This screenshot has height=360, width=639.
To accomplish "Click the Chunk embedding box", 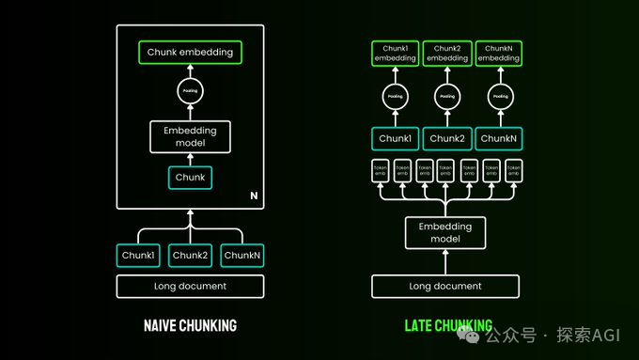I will [x=190, y=53].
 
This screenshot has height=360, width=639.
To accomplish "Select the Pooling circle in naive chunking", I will [x=190, y=92].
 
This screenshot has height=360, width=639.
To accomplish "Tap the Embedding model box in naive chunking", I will [x=190, y=136].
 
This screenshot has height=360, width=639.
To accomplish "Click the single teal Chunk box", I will [x=190, y=177].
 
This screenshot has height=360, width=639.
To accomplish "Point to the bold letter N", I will [x=253, y=196].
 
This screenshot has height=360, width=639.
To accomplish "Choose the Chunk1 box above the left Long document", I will [x=138, y=255].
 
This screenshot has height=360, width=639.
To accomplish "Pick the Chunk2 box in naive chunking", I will [x=190, y=255].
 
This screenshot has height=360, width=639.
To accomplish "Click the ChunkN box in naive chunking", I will [x=242, y=255].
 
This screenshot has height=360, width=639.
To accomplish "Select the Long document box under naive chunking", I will [x=190, y=286].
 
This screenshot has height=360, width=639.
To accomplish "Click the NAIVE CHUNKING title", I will [x=190, y=326].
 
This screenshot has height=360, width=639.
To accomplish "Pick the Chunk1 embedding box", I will [x=396, y=53].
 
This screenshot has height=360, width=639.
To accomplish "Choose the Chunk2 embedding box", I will [x=447, y=53].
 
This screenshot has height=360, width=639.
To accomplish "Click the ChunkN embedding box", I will [x=500, y=53].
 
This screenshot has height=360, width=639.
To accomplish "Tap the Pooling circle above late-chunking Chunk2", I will [x=447, y=97].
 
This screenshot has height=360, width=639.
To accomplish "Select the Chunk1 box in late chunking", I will [x=396, y=138].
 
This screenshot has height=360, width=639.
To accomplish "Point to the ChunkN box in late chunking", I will [x=500, y=138].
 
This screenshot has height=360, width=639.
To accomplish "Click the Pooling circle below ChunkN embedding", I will [x=500, y=97].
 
